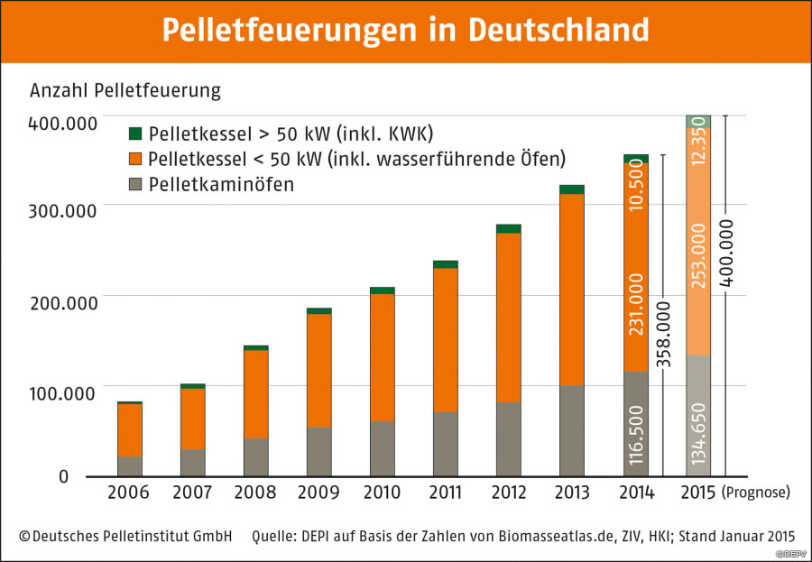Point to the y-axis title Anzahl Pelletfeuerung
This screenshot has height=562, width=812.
click(x=125, y=91)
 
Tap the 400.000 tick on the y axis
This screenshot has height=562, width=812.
click(x=62, y=122)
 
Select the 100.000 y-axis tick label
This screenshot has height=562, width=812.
click(x=62, y=392)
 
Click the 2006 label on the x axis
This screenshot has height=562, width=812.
click(x=129, y=493)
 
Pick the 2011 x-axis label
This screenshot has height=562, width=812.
click(x=445, y=493)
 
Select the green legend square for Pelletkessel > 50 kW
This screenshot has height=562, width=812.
click(x=136, y=134)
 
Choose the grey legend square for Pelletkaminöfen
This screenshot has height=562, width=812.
click(x=136, y=185)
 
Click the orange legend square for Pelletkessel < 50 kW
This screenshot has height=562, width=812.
click(x=136, y=160)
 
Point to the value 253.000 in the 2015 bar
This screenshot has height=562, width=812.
click(x=698, y=256)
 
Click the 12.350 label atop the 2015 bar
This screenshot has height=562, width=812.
click(x=698, y=143)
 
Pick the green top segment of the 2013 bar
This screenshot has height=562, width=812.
click(x=572, y=189)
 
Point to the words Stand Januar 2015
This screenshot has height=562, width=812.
click(x=732, y=536)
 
